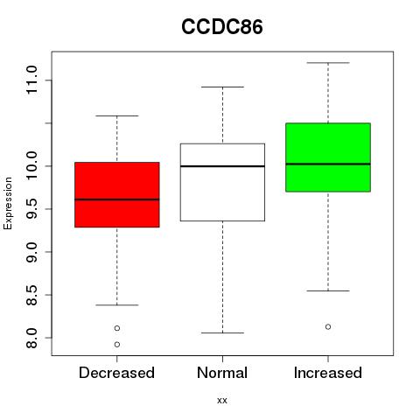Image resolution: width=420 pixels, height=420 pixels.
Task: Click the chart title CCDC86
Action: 222,27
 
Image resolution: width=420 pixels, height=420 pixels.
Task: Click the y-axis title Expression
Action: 8,203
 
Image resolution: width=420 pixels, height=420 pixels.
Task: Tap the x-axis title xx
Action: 222,400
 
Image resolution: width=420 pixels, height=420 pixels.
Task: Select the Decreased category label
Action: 116,373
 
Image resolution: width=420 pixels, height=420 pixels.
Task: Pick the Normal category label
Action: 222,373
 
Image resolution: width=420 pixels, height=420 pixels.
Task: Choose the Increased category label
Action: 328,373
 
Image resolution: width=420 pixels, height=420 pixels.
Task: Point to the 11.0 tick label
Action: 31,80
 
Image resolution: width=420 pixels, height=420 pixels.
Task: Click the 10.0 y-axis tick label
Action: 31,166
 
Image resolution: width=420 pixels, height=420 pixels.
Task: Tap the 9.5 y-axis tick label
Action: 31,209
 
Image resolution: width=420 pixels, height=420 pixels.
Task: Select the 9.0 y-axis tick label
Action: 31,252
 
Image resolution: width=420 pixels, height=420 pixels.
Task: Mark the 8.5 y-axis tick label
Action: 31,295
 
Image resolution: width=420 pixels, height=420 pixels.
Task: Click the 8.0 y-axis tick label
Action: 31,338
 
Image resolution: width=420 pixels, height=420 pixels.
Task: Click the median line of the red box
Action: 117,199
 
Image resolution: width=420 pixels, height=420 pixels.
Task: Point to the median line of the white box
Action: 222,166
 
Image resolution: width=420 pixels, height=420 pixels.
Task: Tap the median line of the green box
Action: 328,164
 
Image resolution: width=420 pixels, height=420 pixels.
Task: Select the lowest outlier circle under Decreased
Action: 117,345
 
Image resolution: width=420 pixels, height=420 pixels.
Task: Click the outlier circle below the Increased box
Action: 328,327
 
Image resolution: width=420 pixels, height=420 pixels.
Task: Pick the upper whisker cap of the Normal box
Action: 222,87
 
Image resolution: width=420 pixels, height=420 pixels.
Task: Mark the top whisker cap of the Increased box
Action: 328,63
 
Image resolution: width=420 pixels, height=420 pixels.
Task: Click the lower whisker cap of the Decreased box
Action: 117,305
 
